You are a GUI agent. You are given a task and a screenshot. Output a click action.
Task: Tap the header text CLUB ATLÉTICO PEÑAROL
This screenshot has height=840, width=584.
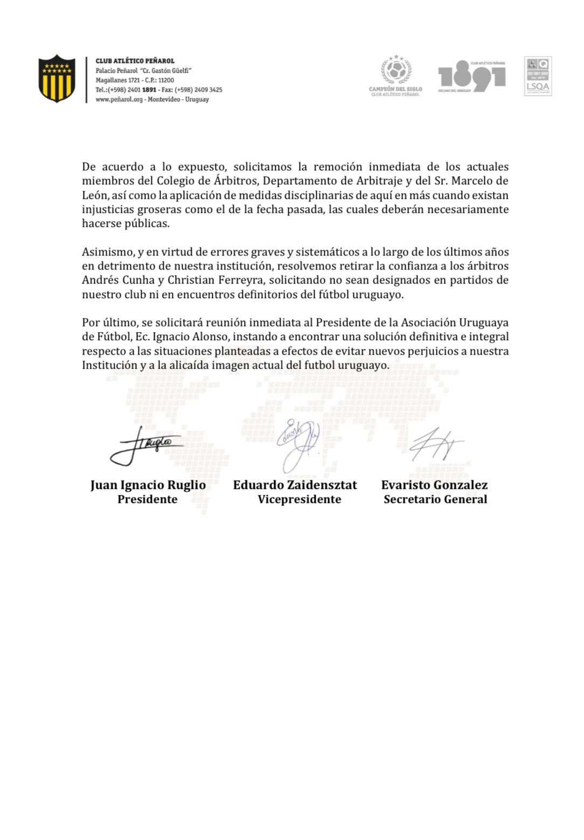pyautogui.click(x=135, y=61)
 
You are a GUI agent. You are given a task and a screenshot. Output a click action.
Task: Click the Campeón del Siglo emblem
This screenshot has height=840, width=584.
pyautogui.click(x=395, y=75)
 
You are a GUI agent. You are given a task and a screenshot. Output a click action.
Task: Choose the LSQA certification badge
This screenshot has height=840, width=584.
pyautogui.click(x=538, y=77)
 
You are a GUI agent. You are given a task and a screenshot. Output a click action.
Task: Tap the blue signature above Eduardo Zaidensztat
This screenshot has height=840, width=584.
pyautogui.click(x=298, y=443)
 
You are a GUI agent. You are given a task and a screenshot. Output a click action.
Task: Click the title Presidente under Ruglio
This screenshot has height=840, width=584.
pyautogui.click(x=147, y=499)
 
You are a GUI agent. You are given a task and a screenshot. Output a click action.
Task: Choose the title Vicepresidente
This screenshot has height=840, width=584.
pyautogui.click(x=299, y=499)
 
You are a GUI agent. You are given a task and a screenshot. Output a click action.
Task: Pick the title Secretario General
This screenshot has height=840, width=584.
pyautogui.click(x=435, y=499)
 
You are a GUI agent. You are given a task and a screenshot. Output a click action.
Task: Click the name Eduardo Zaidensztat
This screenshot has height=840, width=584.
pyautogui.click(x=295, y=485)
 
